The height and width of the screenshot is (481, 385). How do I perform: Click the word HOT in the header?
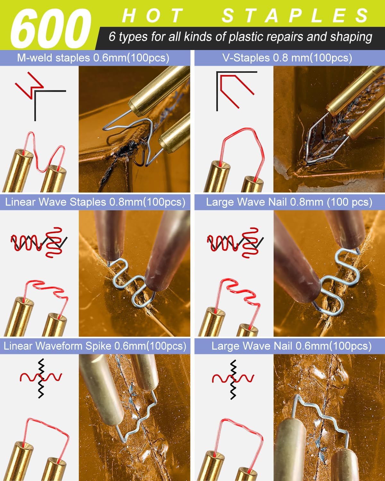point(152,15)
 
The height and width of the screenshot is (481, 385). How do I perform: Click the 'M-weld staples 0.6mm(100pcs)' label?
point(93,58)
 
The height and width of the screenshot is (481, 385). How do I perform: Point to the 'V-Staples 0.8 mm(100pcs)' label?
point(287,58)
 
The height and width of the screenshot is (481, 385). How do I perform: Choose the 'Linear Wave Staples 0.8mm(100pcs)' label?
point(95,202)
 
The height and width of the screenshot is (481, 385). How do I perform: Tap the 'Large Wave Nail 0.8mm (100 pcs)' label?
point(289,202)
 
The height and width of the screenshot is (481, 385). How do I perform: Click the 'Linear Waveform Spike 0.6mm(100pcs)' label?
point(95,346)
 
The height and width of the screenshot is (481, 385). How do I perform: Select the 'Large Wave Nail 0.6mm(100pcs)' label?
point(292,346)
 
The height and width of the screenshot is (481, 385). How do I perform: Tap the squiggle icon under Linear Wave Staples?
point(39,243)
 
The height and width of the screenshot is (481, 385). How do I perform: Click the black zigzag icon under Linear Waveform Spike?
point(41,378)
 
